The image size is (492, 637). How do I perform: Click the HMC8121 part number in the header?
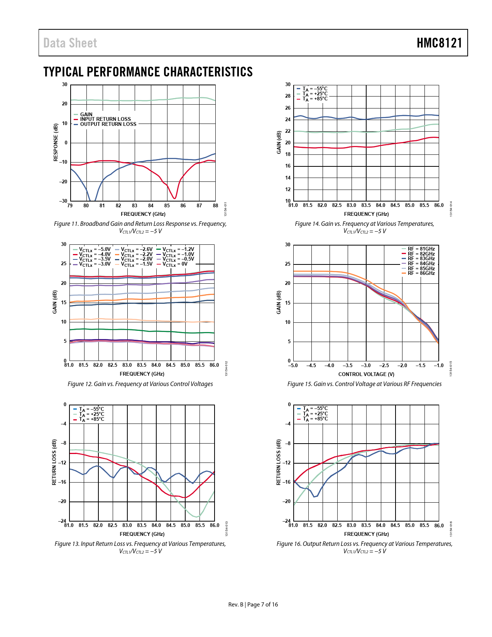click(x=439, y=43)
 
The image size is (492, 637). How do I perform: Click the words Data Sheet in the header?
click(x=70, y=43)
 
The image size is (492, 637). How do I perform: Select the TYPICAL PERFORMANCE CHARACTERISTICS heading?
click(x=148, y=72)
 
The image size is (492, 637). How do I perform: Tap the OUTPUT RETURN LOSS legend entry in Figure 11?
click(x=108, y=124)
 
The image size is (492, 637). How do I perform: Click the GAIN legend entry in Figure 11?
click(x=86, y=114)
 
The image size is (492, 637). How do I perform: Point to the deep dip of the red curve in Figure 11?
click(x=175, y=198)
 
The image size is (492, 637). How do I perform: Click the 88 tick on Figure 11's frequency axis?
click(x=215, y=206)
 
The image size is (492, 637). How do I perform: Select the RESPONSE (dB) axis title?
click(x=56, y=142)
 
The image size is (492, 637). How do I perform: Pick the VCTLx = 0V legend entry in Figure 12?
click(x=175, y=264)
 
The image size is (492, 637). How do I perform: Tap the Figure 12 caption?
click(x=140, y=384)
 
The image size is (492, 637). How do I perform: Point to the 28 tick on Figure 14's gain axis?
click(x=288, y=96)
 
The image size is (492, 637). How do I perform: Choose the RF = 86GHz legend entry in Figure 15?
click(x=421, y=273)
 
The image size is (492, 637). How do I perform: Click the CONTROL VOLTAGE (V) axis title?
click(x=366, y=374)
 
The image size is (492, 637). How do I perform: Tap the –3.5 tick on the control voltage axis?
click(x=348, y=366)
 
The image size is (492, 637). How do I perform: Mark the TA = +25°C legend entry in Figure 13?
click(x=91, y=414)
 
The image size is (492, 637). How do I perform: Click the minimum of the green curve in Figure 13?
click(x=197, y=517)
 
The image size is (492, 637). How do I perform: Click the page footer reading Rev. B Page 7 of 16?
click(x=253, y=605)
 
